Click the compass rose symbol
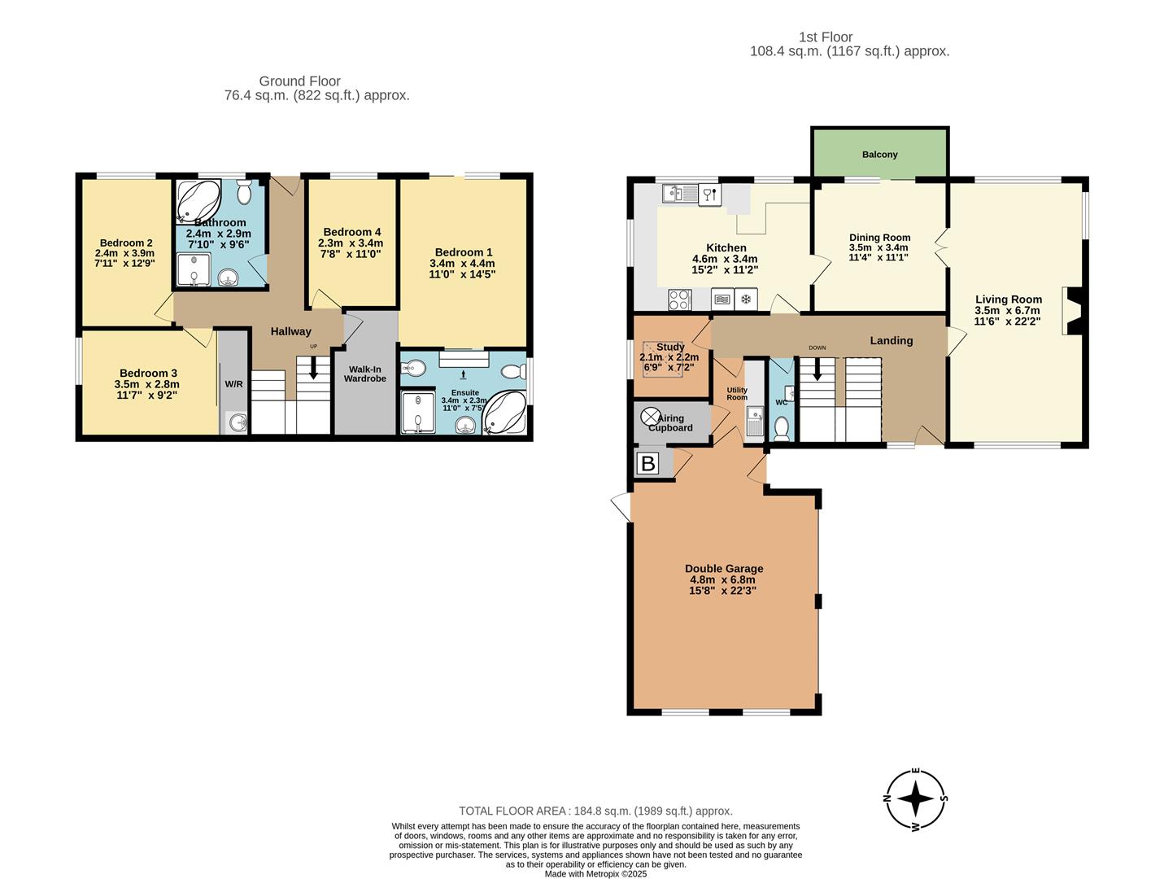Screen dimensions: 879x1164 (916, 799)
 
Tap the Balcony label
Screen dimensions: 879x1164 (879, 155)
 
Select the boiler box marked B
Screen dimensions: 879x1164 (648, 464)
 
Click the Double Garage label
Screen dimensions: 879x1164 (724, 569)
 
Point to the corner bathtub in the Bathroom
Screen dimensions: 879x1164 (198, 200)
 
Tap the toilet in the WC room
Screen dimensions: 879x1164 (781, 427)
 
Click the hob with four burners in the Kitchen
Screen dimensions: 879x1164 (679, 300)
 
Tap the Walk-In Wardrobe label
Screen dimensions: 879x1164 (364, 374)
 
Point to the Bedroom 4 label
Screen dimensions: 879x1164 (351, 232)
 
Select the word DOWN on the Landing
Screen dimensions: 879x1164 (817, 348)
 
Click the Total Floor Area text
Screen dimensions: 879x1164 (595, 811)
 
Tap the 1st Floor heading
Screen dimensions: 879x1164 (825, 37)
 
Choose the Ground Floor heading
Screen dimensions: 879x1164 (299, 81)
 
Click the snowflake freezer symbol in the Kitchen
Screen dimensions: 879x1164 (745, 300)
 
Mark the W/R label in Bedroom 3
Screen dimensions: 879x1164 (233, 384)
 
